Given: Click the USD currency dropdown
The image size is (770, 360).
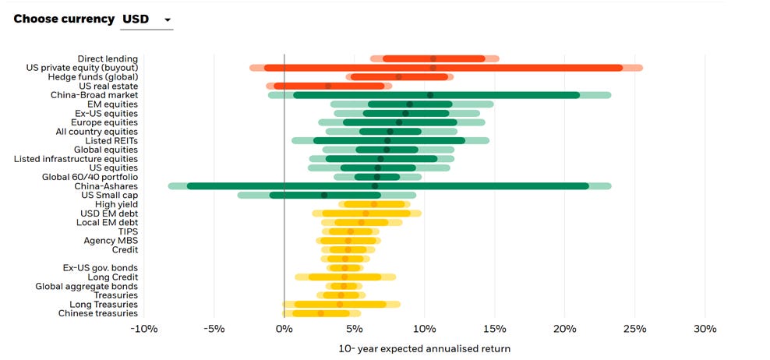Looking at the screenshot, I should click(147, 19).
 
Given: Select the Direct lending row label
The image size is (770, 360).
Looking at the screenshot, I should click(108, 58).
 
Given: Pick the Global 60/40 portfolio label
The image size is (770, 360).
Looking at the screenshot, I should click(90, 177).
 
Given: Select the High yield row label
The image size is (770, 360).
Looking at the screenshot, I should click(116, 204).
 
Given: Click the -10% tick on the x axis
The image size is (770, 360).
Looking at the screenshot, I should click(143, 328).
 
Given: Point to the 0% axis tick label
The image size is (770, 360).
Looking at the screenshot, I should click(284, 328).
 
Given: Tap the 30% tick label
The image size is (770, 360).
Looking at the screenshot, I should click(705, 328).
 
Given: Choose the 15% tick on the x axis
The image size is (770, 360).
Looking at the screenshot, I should click(494, 328).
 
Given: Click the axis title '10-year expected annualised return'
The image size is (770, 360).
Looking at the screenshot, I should click(424, 348).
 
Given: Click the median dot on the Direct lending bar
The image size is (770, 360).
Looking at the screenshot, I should click(433, 58).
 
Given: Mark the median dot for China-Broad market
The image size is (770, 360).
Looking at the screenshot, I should click(430, 95).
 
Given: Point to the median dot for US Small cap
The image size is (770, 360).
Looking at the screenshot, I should click(324, 195).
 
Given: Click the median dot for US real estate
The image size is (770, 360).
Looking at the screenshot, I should click(328, 86).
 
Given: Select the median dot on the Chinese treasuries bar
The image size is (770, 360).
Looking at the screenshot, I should click(320, 313).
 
